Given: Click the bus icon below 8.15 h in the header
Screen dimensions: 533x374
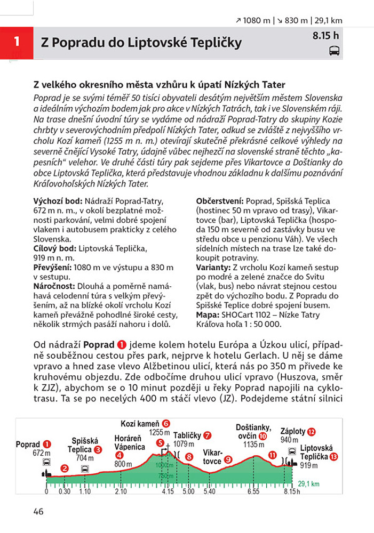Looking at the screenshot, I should pos(335,51).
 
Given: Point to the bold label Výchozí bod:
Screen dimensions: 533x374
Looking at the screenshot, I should pos(57,200).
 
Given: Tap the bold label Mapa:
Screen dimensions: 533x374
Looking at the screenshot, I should pos(209,315).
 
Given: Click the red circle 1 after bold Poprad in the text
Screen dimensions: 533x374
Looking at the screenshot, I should pos(121,345).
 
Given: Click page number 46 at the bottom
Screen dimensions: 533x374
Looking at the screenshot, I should pos(38,512).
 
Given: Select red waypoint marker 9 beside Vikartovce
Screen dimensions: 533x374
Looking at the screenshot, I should pos(228,459).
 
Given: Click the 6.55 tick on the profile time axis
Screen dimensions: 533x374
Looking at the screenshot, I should pos(253,491).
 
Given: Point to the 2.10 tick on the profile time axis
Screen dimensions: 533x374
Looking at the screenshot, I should pos(121,491).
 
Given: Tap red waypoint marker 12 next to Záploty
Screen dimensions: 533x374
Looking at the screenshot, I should pos(311,431).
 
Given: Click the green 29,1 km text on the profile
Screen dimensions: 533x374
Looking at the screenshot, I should pos(308,484).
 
